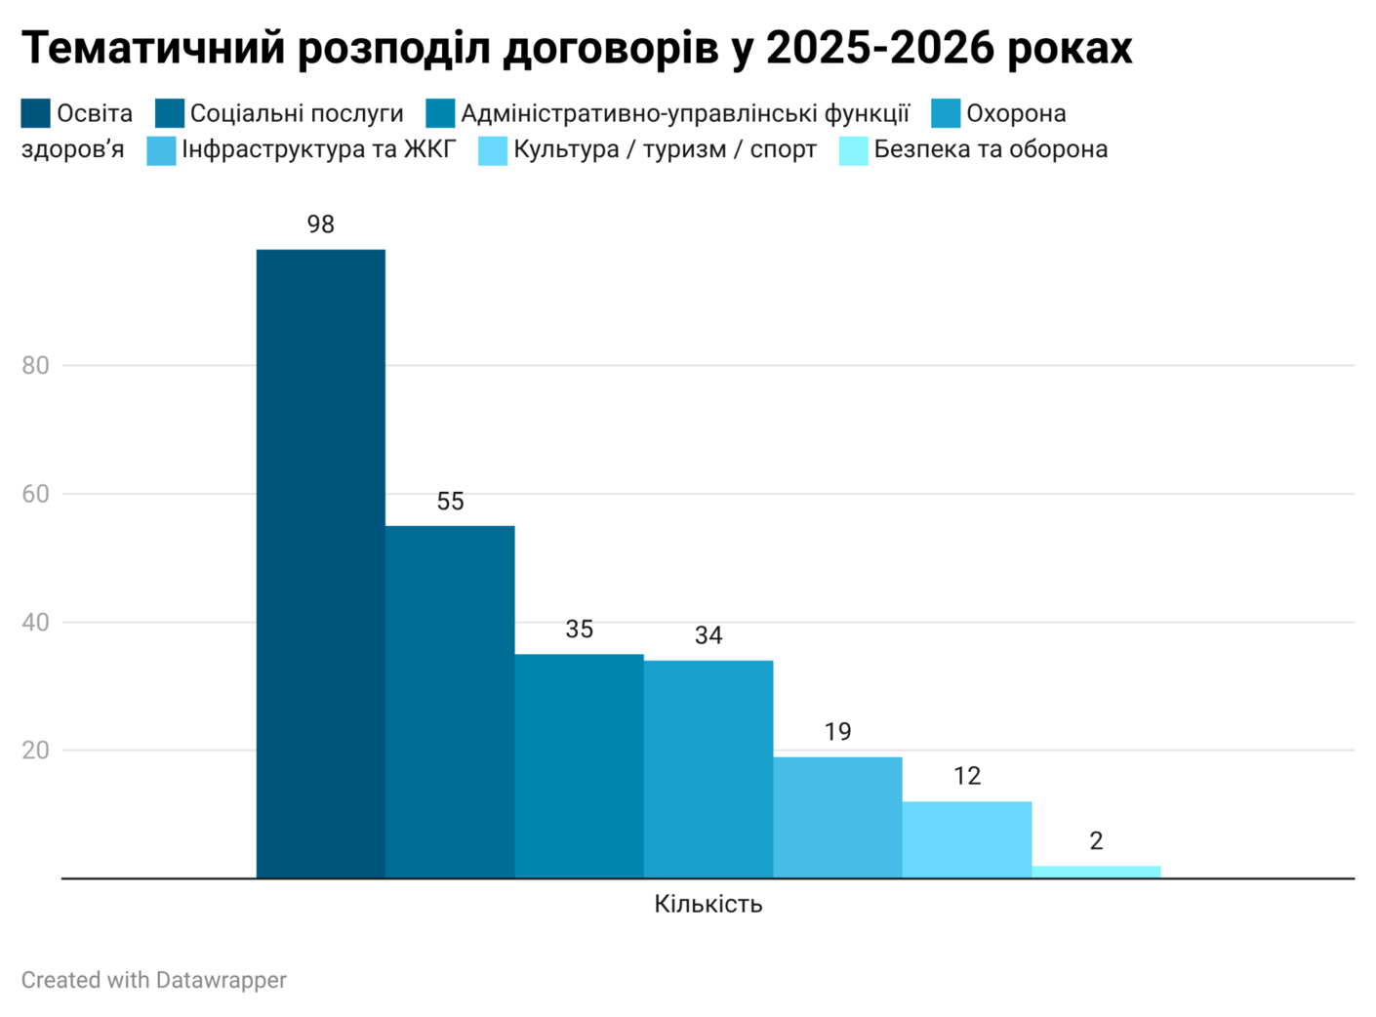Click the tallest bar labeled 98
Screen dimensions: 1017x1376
tap(320, 563)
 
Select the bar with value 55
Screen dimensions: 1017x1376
tap(450, 702)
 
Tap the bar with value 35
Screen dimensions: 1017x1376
tap(579, 766)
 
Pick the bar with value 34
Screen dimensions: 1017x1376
tap(708, 769)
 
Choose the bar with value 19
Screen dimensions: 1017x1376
tap(837, 817)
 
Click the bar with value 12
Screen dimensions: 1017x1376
tap(966, 839)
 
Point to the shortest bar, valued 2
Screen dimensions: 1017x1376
tap(1096, 872)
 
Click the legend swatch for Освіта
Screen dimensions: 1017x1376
tap(36, 113)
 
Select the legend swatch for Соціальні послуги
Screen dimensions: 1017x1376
tap(170, 113)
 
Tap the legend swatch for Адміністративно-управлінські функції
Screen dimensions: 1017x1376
tap(440, 113)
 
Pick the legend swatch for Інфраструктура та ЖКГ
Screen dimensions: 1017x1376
tap(161, 150)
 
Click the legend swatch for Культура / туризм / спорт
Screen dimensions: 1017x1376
tap(493, 150)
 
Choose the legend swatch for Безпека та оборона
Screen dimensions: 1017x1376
tap(853, 150)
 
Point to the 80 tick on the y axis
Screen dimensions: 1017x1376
tap(35, 365)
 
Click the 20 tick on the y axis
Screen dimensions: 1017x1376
tap(35, 751)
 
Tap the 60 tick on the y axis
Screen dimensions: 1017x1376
tap(35, 494)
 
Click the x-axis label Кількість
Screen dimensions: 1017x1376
tap(708, 904)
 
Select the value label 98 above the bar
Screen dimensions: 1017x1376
tap(320, 224)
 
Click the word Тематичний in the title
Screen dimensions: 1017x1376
tap(153, 49)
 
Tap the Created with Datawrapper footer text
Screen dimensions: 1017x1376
tap(154, 979)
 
